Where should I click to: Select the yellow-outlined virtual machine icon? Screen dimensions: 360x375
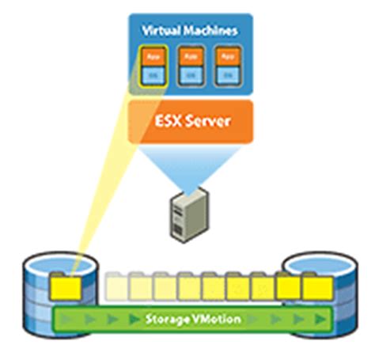[151, 64]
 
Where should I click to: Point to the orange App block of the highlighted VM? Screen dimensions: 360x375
[151, 57]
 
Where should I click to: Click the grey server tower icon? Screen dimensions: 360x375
[187, 211]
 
